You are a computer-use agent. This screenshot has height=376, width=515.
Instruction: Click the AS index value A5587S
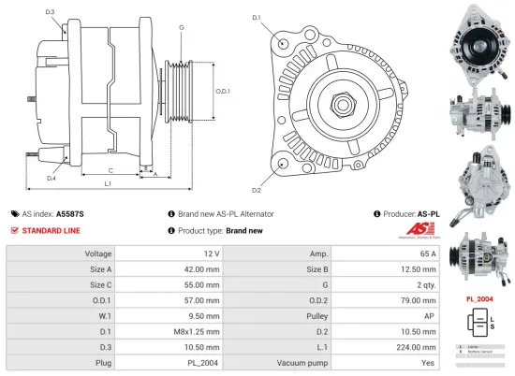(x=70, y=213)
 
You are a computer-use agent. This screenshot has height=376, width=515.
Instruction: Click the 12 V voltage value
(x=211, y=254)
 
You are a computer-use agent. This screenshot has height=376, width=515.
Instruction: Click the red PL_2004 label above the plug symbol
(x=479, y=299)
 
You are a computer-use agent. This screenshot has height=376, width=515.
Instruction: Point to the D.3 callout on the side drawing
(x=50, y=11)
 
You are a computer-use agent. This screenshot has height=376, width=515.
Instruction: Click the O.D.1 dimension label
(x=223, y=91)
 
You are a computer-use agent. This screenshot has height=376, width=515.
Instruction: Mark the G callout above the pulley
(x=181, y=29)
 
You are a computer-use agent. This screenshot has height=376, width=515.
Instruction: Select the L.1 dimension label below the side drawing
(x=108, y=183)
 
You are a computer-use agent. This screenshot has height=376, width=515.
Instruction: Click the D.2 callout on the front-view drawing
(x=256, y=165)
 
